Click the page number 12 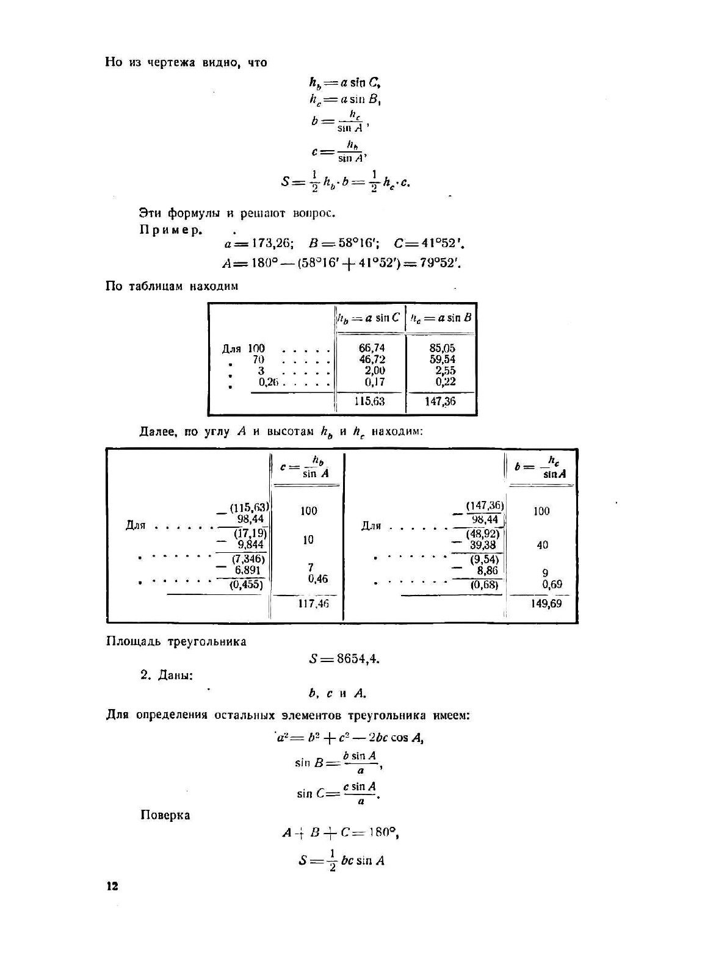click(x=112, y=887)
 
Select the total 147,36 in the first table click(x=440, y=402)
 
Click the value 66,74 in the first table click(x=372, y=348)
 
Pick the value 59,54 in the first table click(x=442, y=359)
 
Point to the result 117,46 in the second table click(x=314, y=603)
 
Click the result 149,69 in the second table click(x=547, y=603)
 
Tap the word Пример click(x=171, y=230)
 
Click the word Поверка click(x=165, y=815)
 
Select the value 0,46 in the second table click(x=317, y=578)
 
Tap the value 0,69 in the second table click(x=552, y=584)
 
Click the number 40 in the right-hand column click(x=542, y=545)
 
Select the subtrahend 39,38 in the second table click(x=483, y=545)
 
